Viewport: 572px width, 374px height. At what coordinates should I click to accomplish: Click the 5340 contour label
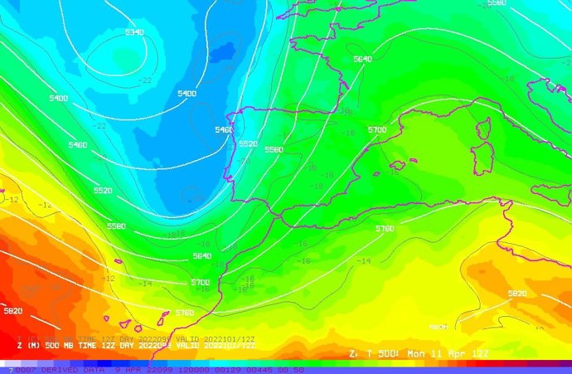(x=134, y=32)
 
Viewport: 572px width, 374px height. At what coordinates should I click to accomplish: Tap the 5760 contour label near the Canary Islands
(x=185, y=313)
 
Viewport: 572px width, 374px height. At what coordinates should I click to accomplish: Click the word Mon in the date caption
(x=419, y=354)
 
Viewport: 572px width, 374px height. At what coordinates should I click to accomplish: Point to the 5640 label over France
(x=362, y=59)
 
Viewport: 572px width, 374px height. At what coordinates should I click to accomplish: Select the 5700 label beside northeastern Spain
(x=377, y=130)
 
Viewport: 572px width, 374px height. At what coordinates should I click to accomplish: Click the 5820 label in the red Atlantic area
(x=12, y=311)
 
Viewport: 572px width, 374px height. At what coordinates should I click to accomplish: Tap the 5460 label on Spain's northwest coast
(x=224, y=130)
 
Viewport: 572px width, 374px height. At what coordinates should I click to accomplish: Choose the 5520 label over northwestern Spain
(x=248, y=143)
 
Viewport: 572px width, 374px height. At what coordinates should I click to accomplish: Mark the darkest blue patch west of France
(x=222, y=54)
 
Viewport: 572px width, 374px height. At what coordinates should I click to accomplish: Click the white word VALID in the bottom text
(x=187, y=346)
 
